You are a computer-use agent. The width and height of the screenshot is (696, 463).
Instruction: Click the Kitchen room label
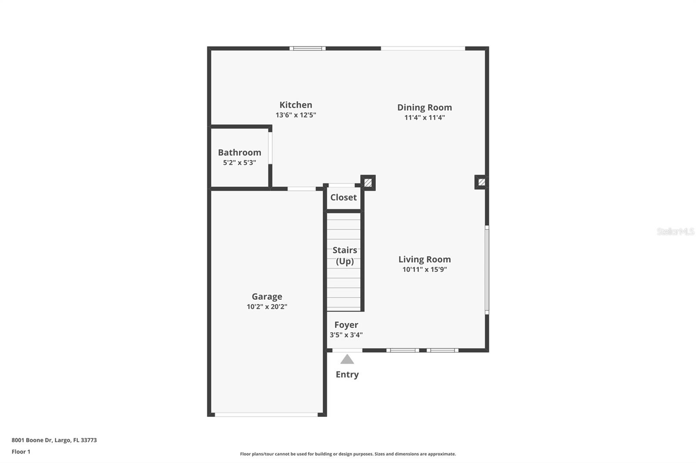coord(295,105)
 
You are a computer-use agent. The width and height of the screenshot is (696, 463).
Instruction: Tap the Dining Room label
coord(424,107)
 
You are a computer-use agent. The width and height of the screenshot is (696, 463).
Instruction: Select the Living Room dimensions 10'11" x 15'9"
coord(424,270)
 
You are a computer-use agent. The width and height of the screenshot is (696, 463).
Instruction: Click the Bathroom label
coord(239,152)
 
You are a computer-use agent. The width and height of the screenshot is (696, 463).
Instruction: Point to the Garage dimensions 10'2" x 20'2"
coord(267,307)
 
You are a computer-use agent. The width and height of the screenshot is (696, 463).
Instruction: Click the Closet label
coord(343,197)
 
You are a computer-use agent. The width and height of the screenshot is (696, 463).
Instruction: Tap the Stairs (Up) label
coord(345,255)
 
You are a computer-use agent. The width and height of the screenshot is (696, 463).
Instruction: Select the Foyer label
coord(346,325)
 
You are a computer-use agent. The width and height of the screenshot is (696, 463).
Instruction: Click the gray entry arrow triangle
coord(347,359)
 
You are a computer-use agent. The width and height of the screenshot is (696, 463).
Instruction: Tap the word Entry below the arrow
coord(347,374)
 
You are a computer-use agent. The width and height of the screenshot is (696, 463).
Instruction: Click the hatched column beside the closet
coord(368,183)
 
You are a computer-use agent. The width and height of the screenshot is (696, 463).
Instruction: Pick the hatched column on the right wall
coord(481,182)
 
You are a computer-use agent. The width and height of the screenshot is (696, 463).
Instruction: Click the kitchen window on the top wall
coord(308,48)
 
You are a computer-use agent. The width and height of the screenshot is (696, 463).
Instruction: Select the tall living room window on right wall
coord(487,269)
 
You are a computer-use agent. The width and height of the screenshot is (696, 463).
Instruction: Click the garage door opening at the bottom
coord(266,415)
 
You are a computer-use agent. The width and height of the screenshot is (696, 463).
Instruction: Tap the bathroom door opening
coord(270,148)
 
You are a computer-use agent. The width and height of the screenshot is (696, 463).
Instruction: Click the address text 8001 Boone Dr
coord(54,440)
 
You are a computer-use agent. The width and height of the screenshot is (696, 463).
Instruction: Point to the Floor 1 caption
coord(21,452)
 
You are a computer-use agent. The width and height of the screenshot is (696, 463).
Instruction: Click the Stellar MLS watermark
coord(675,231)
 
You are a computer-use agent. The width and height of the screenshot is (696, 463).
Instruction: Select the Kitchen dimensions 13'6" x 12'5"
coord(295,115)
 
